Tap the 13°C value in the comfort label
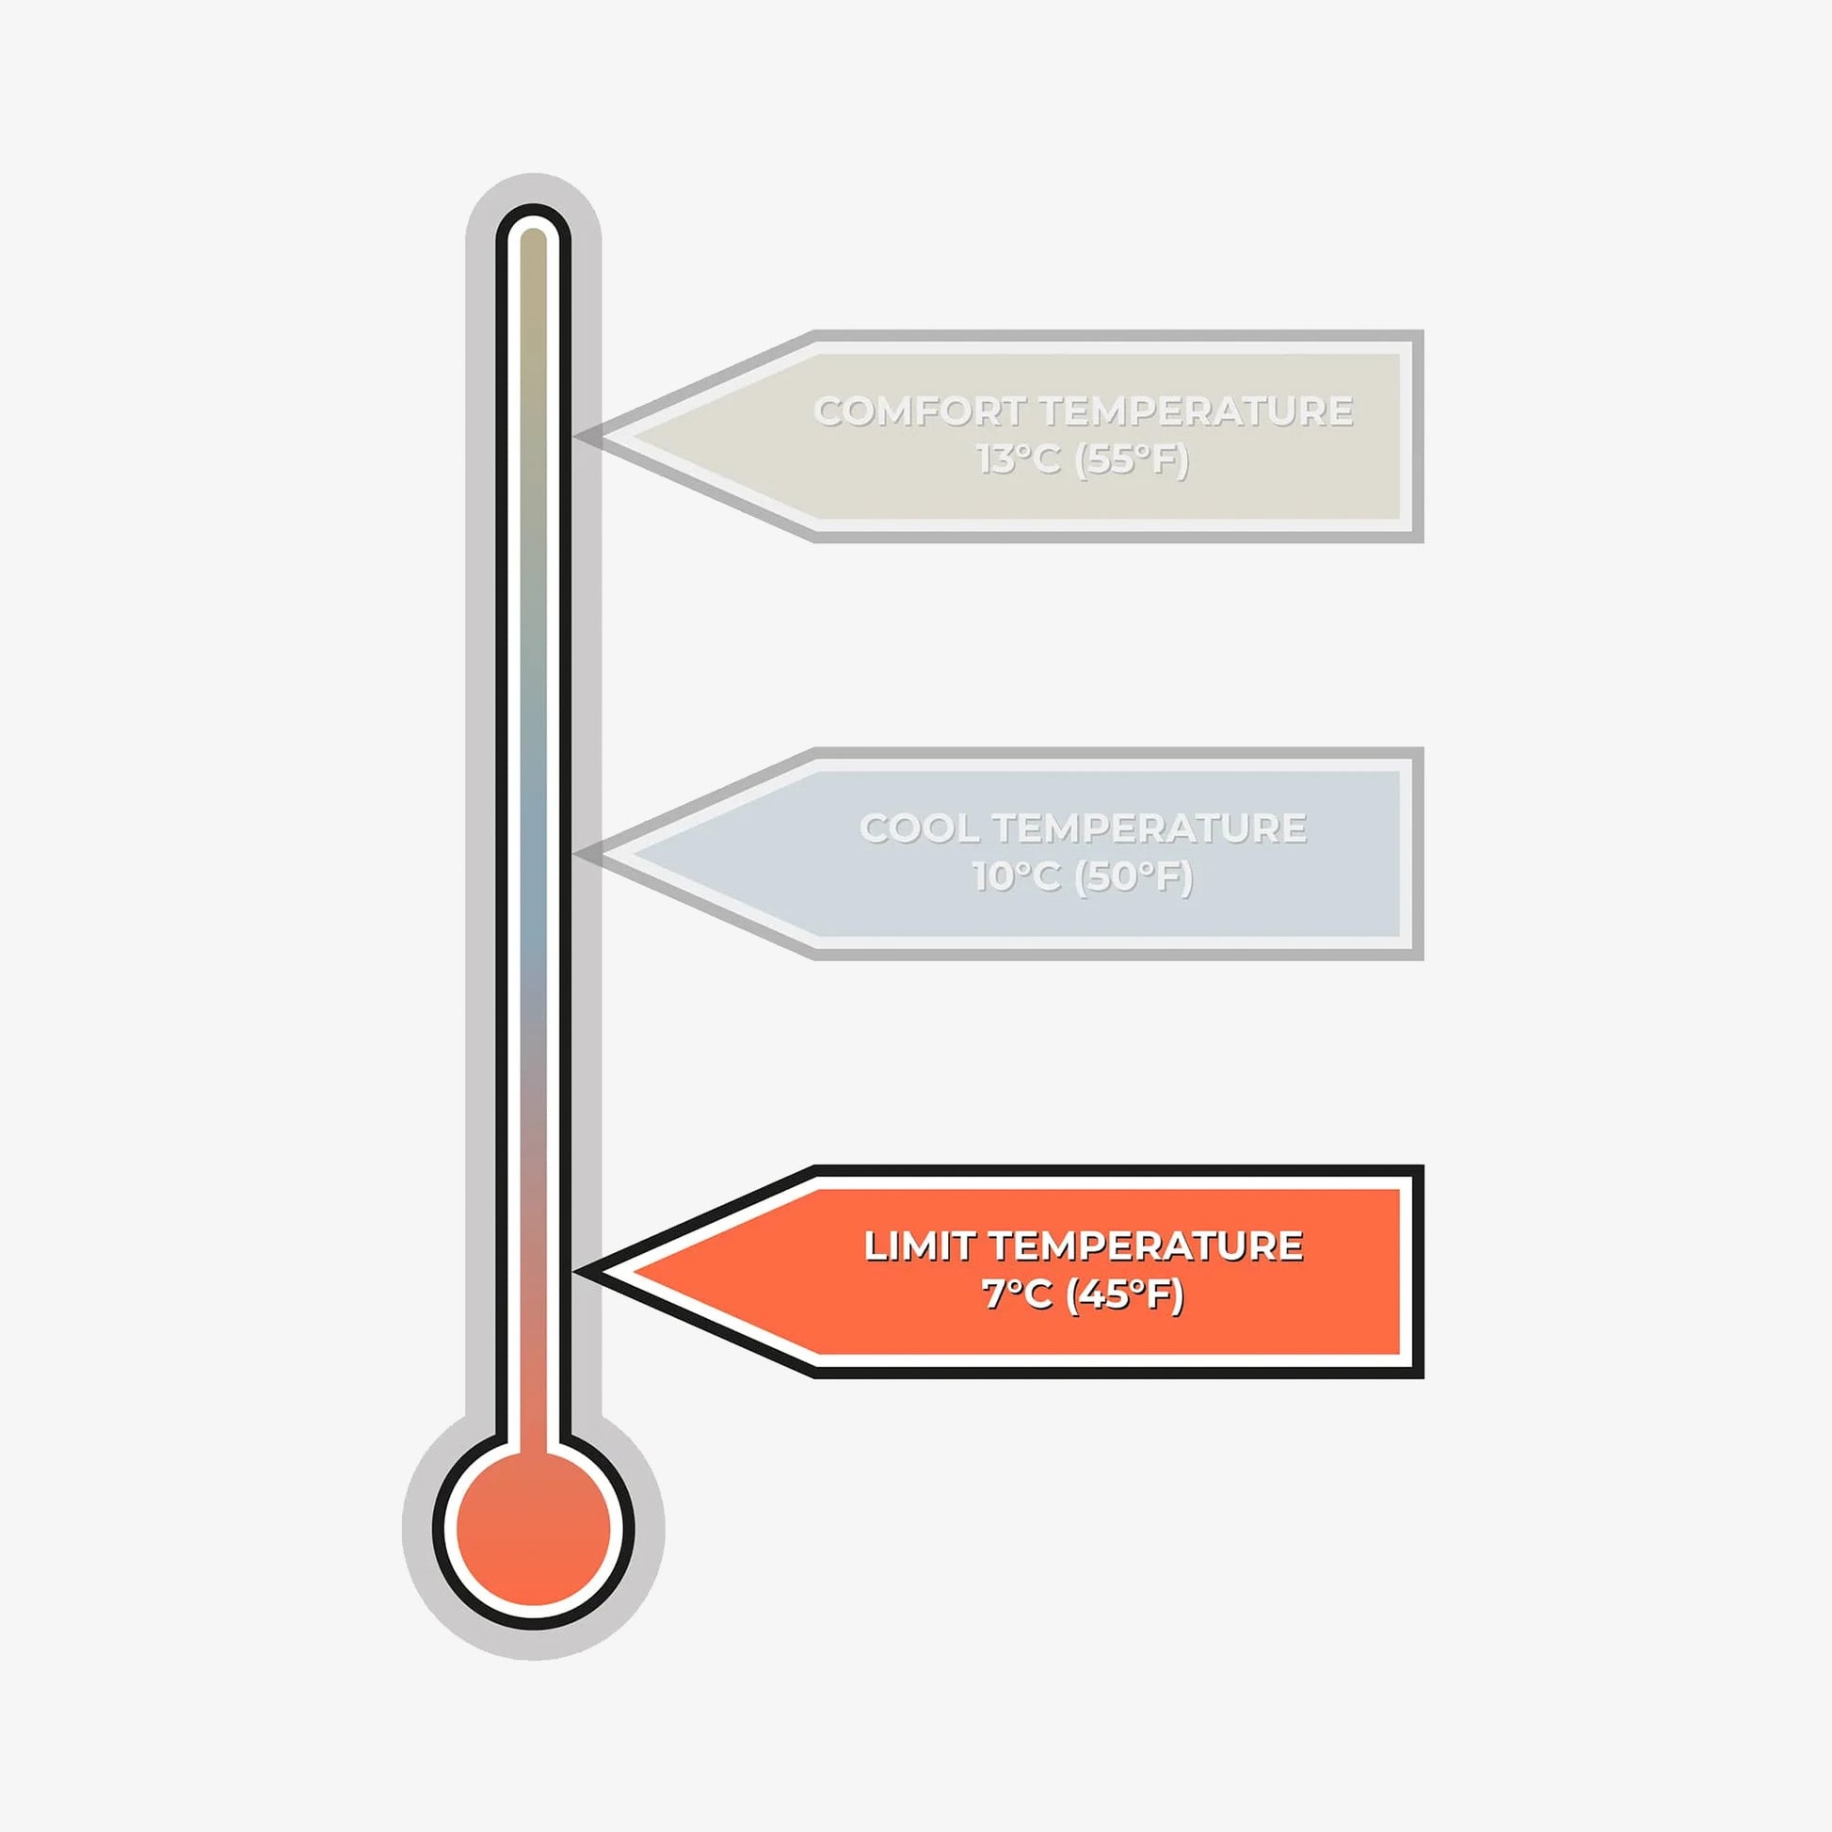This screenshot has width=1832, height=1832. (x=1018, y=460)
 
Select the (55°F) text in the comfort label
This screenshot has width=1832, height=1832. (x=1133, y=460)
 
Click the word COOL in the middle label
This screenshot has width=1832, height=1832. (x=919, y=828)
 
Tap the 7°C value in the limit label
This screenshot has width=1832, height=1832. (x=1017, y=1294)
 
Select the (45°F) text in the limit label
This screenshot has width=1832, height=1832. (x=1126, y=1294)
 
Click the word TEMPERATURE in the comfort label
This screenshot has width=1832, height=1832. (x=1196, y=411)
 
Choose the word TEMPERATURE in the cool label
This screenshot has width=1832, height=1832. (x=1149, y=828)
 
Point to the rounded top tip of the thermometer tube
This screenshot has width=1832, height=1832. (x=534, y=220)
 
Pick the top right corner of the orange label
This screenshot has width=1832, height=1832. (x=1420, y=1170)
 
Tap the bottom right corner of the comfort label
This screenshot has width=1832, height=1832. (x=1420, y=538)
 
